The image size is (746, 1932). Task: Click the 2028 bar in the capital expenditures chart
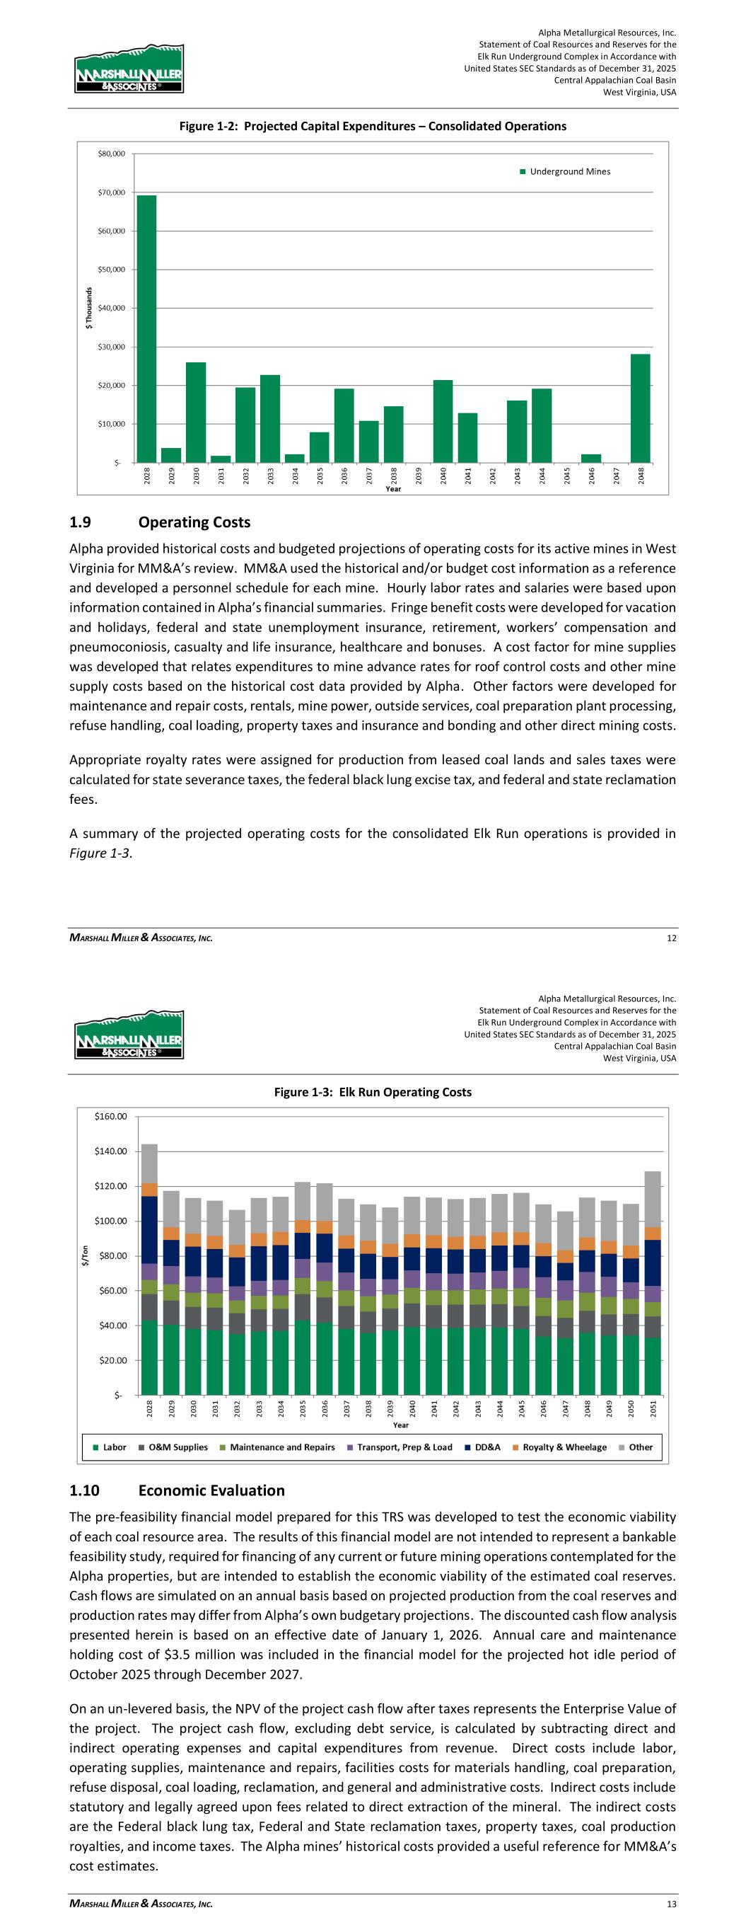pyautogui.click(x=146, y=328)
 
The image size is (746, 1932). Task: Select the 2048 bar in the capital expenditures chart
pyautogui.click(x=639, y=408)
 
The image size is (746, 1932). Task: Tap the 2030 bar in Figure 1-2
pyautogui.click(x=196, y=413)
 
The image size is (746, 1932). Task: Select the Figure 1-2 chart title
pyautogui.click(x=373, y=126)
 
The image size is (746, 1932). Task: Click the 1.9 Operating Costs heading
pyautogui.click(x=160, y=522)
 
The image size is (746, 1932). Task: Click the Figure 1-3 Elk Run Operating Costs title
pyautogui.click(x=373, y=1092)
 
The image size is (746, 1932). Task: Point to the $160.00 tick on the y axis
pyautogui.click(x=111, y=1117)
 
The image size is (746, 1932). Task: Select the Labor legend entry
pyautogui.click(x=109, y=1447)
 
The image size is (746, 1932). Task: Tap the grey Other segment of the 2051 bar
pyautogui.click(x=652, y=1199)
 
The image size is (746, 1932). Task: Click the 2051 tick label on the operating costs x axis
pyautogui.click(x=653, y=1408)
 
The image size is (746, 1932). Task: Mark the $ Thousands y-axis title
pyautogui.click(x=88, y=309)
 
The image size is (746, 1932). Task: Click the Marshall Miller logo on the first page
pyautogui.click(x=128, y=68)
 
